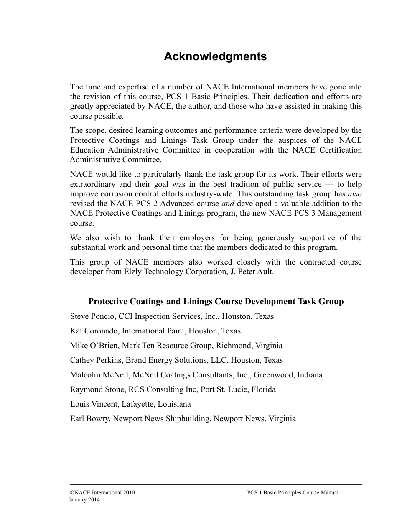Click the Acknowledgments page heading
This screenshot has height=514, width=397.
(215, 56)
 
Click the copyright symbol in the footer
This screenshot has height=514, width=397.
(72, 493)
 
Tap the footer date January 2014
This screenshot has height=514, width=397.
(84, 499)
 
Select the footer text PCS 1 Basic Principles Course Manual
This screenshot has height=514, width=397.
(293, 493)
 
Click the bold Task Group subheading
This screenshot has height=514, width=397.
(216, 302)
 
